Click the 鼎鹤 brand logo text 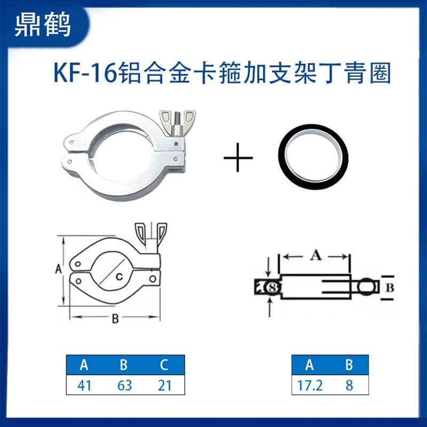click(x=43, y=25)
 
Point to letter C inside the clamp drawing click(x=121, y=276)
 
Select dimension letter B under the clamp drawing click(x=114, y=320)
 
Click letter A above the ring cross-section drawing click(x=315, y=256)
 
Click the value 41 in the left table click(x=84, y=385)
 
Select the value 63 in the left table click(x=124, y=385)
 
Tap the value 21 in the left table click(x=164, y=385)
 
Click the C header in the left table click(x=164, y=366)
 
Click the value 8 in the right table click(x=349, y=385)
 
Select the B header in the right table click(x=349, y=366)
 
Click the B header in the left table click(x=124, y=366)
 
